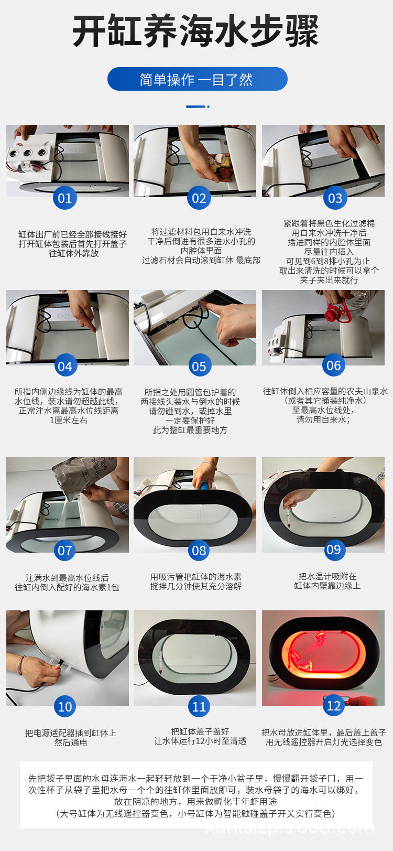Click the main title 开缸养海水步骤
click(x=196, y=31)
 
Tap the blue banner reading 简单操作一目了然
click(x=197, y=79)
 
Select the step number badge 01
click(x=64, y=198)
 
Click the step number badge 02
click(x=199, y=198)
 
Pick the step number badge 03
click(x=335, y=198)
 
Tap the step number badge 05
click(x=199, y=366)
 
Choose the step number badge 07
click(x=64, y=551)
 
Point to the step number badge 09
click(x=334, y=550)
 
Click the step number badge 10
click(x=64, y=706)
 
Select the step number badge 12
click(x=334, y=706)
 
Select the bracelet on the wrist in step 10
click(x=20, y=665)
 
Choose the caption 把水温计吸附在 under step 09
click(x=327, y=576)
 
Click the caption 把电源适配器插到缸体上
click(x=71, y=733)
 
